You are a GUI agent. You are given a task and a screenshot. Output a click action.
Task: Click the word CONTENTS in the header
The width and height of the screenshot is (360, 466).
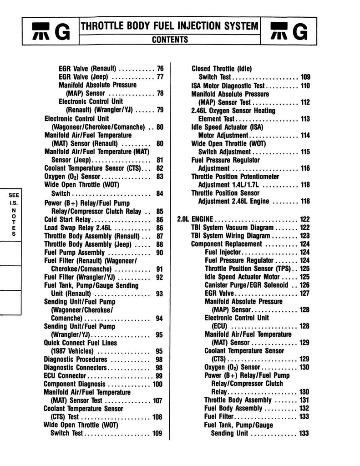[x=170, y=40]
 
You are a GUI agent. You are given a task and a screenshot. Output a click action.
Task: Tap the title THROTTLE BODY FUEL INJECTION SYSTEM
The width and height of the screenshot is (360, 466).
[x=170, y=26]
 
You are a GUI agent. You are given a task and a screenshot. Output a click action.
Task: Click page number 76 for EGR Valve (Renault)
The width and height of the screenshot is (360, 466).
[x=160, y=69]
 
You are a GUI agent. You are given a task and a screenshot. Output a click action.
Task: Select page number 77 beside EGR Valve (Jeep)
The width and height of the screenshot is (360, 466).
[x=160, y=77]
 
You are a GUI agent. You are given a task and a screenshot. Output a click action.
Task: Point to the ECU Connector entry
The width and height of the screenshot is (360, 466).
[x=65, y=376]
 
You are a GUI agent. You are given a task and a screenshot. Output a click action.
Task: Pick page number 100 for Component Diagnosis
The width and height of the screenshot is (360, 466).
[x=157, y=384]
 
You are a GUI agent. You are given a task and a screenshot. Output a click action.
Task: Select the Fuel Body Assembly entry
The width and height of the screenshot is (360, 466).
[x=233, y=408]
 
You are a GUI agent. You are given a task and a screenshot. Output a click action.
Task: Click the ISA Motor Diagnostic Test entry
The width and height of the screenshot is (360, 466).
[x=228, y=86]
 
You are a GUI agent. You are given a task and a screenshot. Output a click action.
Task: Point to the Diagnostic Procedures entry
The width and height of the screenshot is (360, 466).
[x=75, y=360]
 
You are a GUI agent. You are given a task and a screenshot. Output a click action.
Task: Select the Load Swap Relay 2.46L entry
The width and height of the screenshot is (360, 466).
[x=75, y=228]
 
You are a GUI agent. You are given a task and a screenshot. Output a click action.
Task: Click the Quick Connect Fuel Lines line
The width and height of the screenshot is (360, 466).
[x=80, y=343]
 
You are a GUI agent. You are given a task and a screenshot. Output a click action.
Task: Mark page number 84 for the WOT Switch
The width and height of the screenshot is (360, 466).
[x=160, y=193]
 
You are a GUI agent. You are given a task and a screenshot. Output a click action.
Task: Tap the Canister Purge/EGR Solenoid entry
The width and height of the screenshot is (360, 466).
[x=246, y=285]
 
